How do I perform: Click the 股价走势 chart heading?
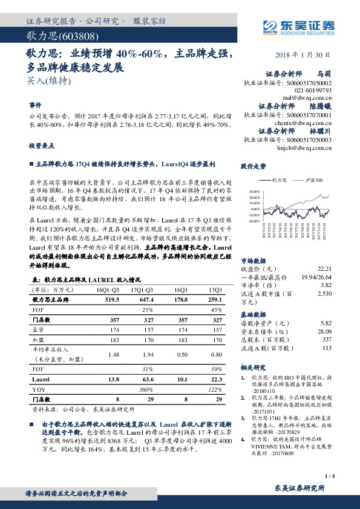pyautogui.click(x=254, y=165)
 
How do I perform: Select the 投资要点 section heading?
pyautogui.click(x=42, y=146)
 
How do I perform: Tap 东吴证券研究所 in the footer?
pyautogui.click(x=300, y=487)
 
